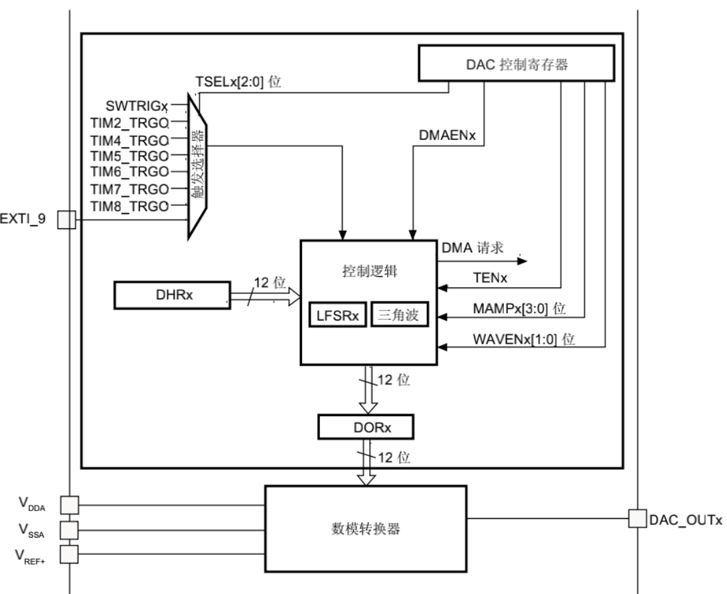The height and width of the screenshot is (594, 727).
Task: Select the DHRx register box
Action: coord(171,295)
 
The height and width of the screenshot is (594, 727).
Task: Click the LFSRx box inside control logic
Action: coord(337,315)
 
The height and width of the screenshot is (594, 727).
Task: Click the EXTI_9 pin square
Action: coord(67,219)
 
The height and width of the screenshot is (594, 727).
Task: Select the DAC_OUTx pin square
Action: coord(637,518)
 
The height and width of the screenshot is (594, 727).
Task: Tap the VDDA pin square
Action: coord(68,505)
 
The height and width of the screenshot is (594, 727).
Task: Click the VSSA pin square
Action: coord(68,529)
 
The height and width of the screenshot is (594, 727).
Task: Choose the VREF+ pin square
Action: coord(68,552)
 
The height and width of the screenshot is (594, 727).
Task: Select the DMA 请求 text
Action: coord(472,249)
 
